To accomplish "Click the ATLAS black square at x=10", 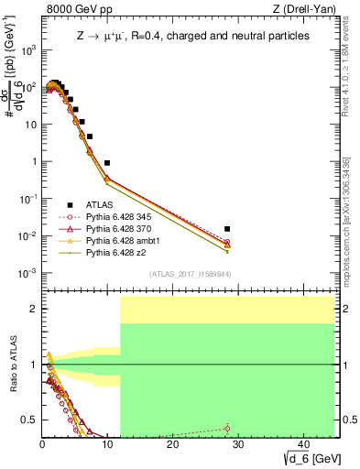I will pyautogui.click(x=107, y=162).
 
